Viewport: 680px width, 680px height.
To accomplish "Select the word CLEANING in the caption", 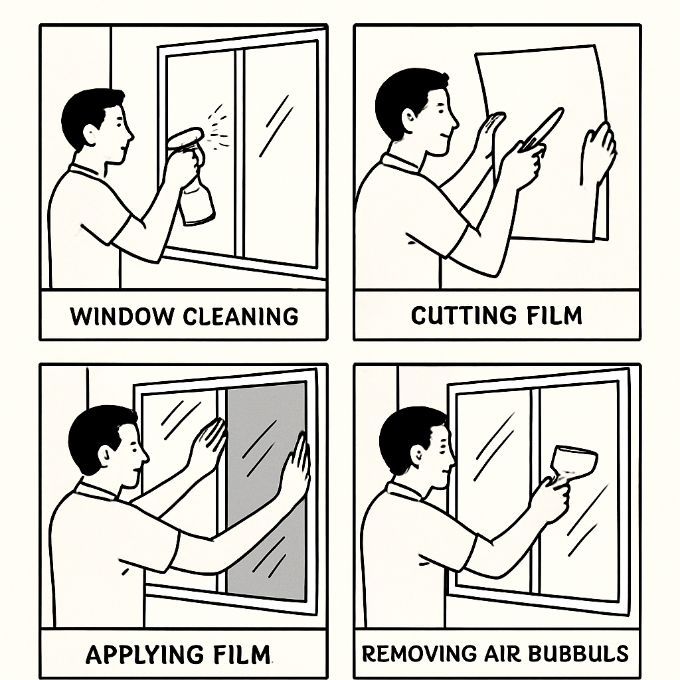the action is click(240, 316).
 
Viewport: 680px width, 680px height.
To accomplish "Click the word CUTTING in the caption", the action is click(464, 315).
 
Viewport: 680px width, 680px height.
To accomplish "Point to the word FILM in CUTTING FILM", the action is click(554, 315).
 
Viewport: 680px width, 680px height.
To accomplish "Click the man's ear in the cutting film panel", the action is click(409, 118).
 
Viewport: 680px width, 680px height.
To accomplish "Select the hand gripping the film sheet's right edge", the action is click(598, 153).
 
